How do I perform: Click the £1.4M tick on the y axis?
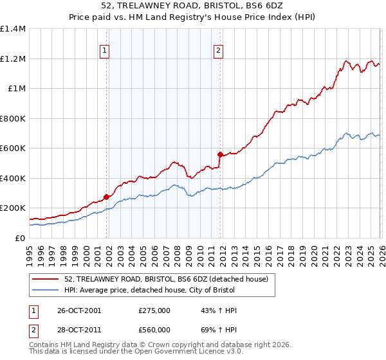(x=13, y=29)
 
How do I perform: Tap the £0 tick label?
(x=20, y=238)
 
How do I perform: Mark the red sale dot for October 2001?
(x=106, y=197)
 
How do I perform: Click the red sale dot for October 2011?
(x=220, y=154)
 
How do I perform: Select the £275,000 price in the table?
(x=154, y=310)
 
